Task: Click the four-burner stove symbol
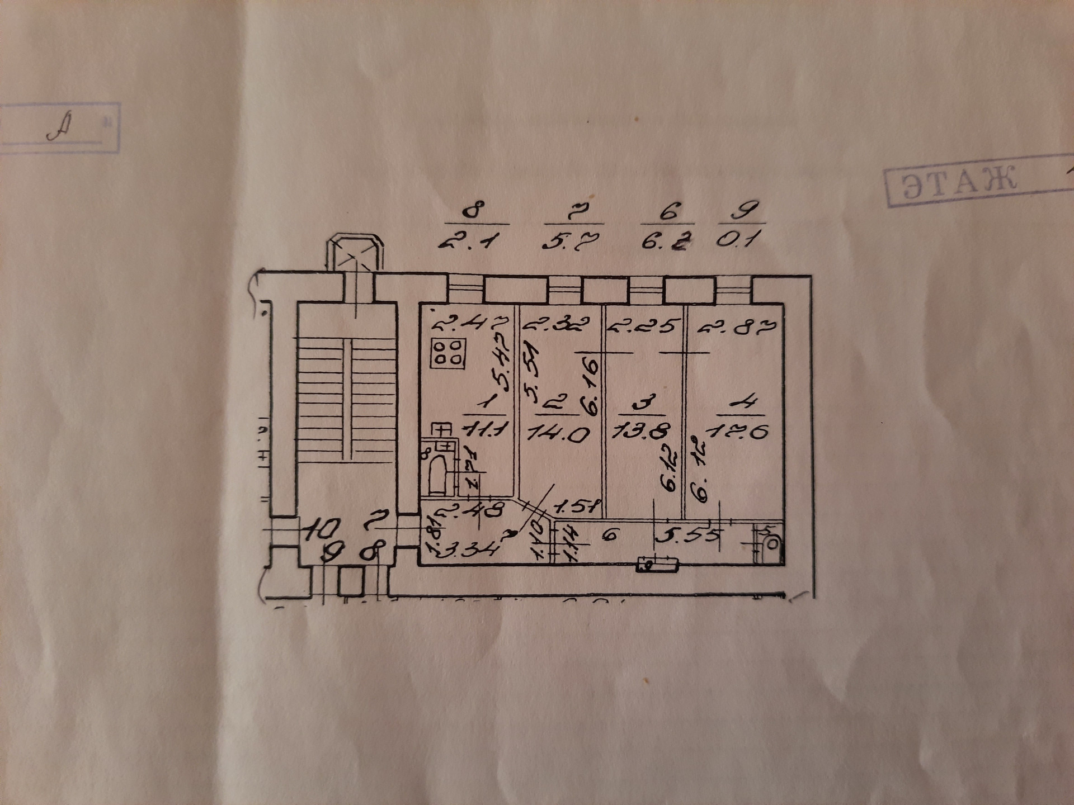click(447, 353)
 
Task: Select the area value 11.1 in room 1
click(485, 430)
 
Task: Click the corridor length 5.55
click(687, 537)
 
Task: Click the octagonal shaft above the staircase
click(356, 255)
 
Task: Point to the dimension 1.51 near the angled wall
click(576, 507)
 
